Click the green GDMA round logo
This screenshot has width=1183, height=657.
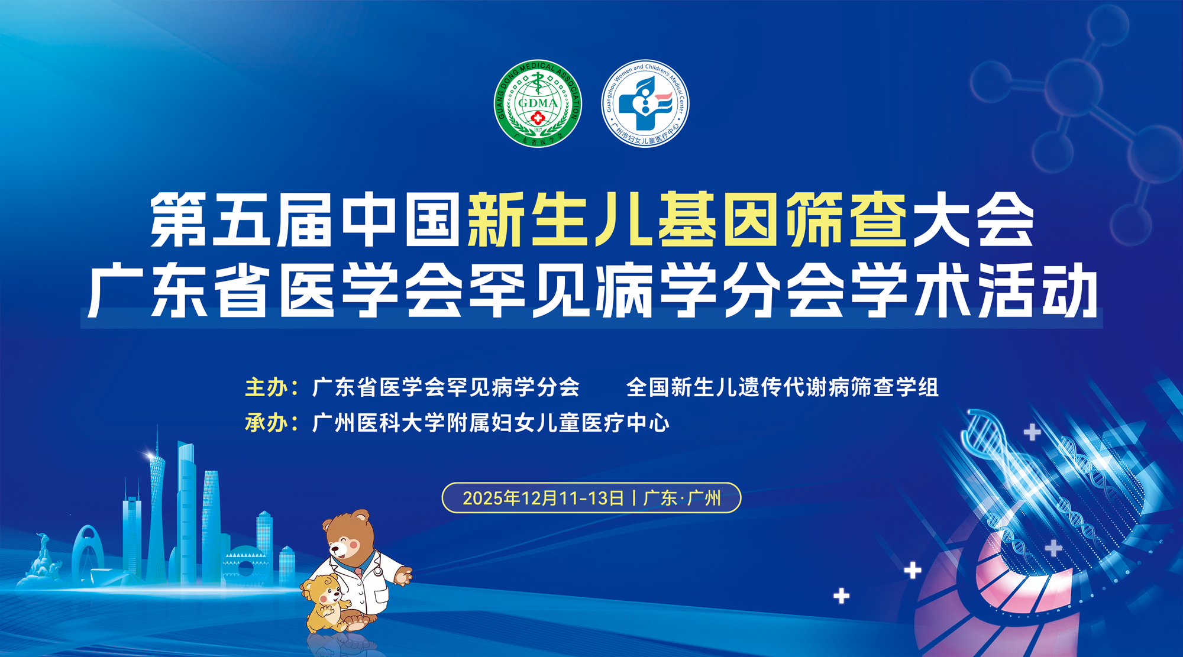(538, 103)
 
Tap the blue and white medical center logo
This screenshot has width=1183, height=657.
(645, 103)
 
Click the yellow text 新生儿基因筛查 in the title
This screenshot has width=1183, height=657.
(687, 219)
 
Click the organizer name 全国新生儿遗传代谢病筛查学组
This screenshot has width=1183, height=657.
(782, 387)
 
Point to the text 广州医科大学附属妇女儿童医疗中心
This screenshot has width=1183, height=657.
(490, 423)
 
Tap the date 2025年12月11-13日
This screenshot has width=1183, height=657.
(543, 498)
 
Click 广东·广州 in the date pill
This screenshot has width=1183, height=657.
(682, 498)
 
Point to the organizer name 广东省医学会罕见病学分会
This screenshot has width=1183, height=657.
(445, 387)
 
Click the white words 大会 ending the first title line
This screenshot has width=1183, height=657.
(973, 219)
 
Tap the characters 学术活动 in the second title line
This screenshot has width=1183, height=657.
(973, 290)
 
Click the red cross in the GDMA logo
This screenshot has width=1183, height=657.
(538, 118)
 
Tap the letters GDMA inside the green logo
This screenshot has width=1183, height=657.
(538, 102)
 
